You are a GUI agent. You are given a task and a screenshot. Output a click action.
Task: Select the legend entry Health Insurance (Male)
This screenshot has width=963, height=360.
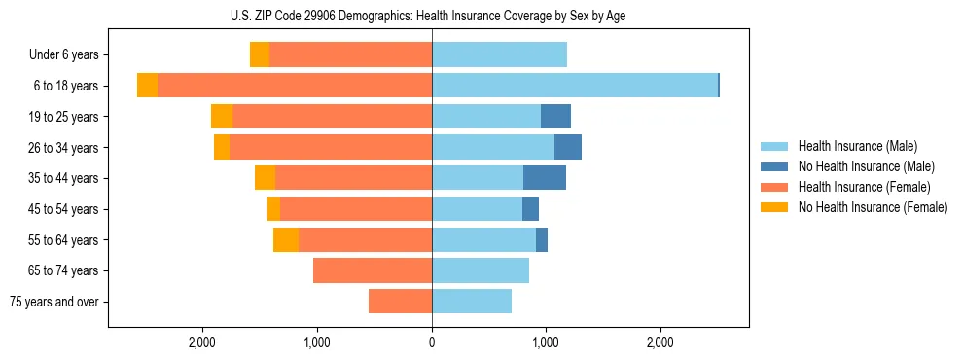pos(857,146)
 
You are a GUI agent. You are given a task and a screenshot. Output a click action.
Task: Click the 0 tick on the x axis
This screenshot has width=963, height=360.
pos(432,342)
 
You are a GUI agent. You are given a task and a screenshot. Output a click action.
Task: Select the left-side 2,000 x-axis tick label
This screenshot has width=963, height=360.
pos(202,342)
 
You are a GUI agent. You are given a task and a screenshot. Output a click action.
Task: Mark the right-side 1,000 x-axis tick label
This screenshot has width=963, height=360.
pos(546,342)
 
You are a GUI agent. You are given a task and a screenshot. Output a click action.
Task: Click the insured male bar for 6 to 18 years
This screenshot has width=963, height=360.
pos(574,86)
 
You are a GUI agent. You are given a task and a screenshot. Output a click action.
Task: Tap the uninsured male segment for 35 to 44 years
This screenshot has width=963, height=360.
pos(545,178)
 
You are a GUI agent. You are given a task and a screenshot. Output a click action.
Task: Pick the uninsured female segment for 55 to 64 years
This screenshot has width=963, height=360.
pos(286,240)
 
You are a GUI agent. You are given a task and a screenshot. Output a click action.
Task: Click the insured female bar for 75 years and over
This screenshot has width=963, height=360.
pos(400,302)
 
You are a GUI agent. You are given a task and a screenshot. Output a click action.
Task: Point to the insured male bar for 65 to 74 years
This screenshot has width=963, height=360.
pos(481,270)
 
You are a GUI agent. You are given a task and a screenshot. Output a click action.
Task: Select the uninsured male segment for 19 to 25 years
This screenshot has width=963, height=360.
pos(555,117)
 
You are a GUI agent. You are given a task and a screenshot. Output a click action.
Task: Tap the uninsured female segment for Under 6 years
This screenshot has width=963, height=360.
pos(260,55)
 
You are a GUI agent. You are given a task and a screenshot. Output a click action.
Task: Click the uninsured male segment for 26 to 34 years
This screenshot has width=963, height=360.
pos(568,147)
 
